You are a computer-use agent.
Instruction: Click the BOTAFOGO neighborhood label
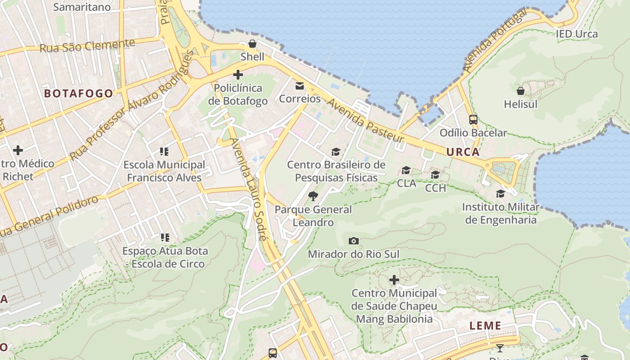(78, 94)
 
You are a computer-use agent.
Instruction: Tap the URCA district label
(463, 152)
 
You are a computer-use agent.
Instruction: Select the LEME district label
(485, 326)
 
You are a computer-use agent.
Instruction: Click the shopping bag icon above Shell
(252, 44)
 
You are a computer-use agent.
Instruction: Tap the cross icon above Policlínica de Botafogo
(238, 75)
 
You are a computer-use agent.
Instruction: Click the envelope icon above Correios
(300, 86)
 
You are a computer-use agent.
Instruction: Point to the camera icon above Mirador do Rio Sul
(354, 241)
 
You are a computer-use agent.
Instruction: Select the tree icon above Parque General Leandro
(313, 196)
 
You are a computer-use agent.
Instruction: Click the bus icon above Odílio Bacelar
(473, 120)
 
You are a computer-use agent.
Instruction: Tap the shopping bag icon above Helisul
(521, 91)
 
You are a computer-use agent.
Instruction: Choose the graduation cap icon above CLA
(406, 170)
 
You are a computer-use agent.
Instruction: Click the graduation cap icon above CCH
(435, 175)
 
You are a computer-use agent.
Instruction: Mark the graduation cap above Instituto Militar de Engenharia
(500, 194)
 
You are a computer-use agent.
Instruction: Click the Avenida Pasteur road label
(365, 119)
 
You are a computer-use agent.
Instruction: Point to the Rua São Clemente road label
(87, 45)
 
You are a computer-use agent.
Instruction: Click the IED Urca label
(576, 34)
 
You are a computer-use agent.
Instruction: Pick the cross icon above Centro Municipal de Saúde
(394, 280)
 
